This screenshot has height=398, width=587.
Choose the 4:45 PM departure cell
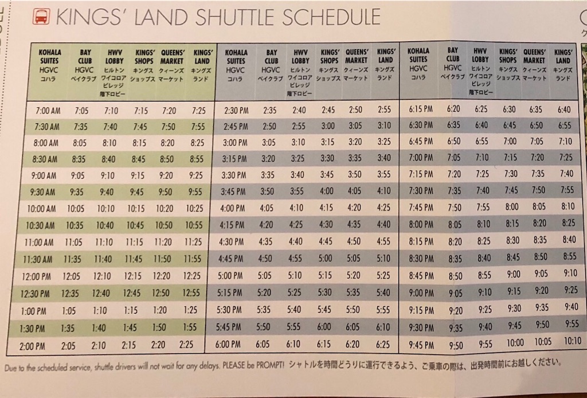[233, 258]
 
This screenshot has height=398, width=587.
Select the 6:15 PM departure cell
[421, 109]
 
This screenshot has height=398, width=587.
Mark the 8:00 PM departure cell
[421, 224]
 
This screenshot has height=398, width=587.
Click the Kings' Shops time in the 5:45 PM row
[324, 327]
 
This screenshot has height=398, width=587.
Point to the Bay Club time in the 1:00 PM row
[69, 311]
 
